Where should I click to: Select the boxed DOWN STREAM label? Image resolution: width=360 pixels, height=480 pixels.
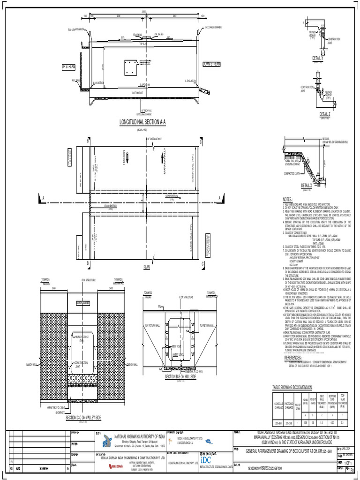coord(214,63)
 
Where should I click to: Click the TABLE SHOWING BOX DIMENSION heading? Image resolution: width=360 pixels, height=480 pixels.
coord(299,387)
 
